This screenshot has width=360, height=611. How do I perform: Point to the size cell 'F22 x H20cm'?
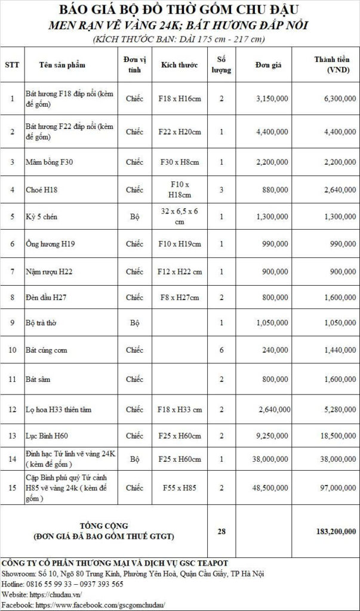180,131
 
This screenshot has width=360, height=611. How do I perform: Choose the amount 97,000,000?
333,487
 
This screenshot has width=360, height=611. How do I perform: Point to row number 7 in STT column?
13,271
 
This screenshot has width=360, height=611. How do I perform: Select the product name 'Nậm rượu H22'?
49,271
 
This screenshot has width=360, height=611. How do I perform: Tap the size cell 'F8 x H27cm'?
180,297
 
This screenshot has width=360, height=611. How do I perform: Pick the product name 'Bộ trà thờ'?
43,323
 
